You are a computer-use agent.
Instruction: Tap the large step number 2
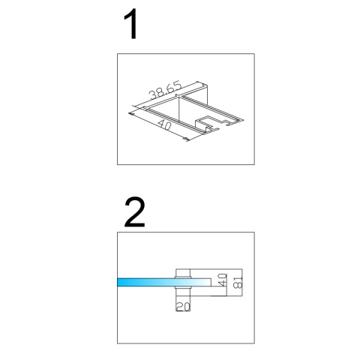[135, 212]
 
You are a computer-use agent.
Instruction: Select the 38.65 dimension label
[165, 91]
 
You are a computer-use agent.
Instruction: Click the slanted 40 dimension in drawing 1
[164, 124]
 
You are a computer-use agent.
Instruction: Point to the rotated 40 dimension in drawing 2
[222, 280]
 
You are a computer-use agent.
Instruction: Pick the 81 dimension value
[238, 283]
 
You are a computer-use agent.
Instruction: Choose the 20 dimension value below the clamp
[183, 307]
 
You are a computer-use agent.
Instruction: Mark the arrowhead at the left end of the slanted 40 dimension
[131, 114]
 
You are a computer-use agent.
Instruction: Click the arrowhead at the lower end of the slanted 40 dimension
[185, 139]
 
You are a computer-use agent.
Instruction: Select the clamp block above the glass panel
[183, 272]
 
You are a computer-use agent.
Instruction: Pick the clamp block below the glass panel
[183, 292]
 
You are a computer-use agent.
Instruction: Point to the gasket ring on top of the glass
[183, 277]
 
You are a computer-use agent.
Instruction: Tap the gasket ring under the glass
[183, 288]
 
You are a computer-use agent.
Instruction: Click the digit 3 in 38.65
[152, 95]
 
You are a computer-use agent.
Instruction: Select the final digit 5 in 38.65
[178, 85]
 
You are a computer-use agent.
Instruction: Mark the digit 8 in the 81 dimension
[238, 286]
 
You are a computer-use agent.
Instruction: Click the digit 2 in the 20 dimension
[180, 307]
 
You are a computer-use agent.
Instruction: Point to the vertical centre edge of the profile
[179, 109]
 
